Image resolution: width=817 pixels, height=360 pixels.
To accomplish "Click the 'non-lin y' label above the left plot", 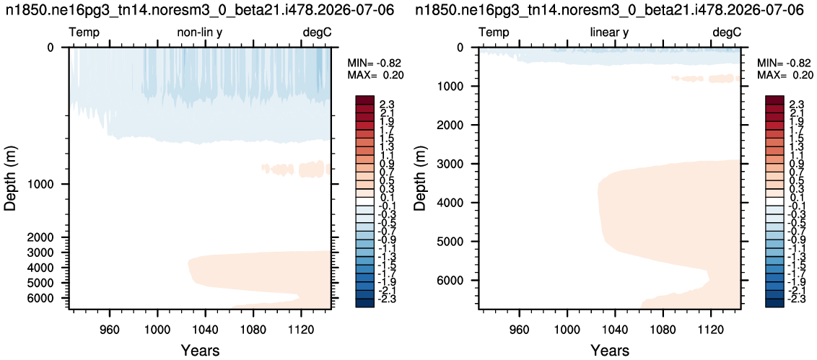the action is pyautogui.click(x=200, y=33).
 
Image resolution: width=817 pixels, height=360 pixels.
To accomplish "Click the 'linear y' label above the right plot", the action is pyautogui.click(x=609, y=33).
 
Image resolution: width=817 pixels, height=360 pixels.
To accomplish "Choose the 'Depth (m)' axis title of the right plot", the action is pyautogui.click(x=421, y=178).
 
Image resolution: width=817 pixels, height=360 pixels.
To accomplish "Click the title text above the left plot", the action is pyautogui.click(x=200, y=9).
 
